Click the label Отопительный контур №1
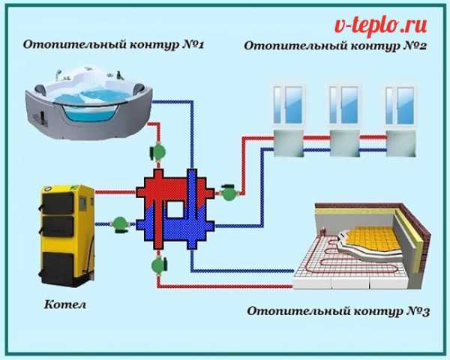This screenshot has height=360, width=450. click(115, 45)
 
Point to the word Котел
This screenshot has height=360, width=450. click(64, 306)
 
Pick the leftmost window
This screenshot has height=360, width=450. click(288, 105)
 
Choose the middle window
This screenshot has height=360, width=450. click(344, 105)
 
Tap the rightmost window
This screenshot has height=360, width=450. click(400, 105)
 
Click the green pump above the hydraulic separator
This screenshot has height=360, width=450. click(158, 151)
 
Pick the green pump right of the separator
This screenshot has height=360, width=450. click(228, 194)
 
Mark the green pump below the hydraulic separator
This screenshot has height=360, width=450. click(158, 264)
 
